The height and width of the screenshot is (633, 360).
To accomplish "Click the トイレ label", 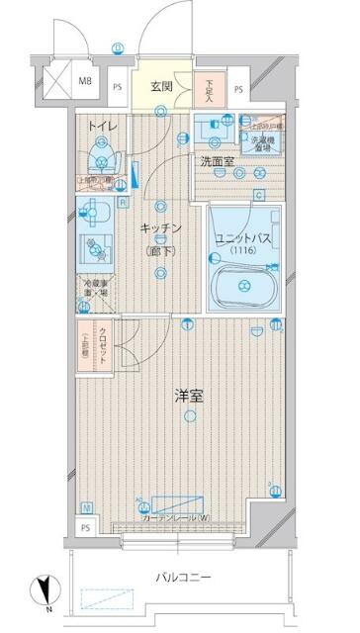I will [100, 126].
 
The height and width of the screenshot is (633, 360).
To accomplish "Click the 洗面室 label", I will [216, 161].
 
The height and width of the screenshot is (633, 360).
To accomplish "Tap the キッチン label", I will [160, 228].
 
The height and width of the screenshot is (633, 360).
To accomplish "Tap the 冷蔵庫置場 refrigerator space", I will [96, 292].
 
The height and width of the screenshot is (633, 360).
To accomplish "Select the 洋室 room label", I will [190, 397].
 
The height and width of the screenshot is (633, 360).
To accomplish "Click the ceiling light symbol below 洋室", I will [190, 416].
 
